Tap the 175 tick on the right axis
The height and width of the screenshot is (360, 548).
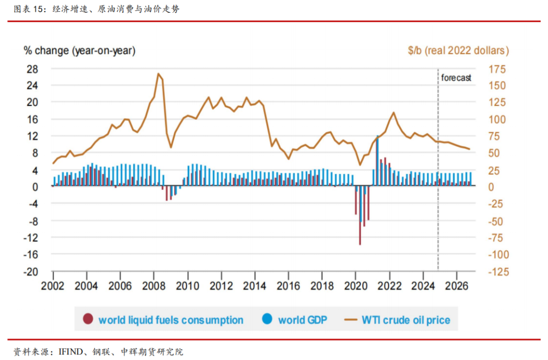497,68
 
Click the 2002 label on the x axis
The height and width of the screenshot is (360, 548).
53,286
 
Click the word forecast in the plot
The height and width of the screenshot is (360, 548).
456,78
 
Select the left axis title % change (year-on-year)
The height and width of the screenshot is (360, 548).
80,51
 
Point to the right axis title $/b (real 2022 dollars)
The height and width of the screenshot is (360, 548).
458,51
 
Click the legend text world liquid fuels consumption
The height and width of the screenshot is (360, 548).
170,320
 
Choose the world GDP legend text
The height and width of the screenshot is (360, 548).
302,320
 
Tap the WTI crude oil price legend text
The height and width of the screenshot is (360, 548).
406,320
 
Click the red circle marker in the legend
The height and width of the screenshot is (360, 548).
88,319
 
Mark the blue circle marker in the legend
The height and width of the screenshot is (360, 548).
267,319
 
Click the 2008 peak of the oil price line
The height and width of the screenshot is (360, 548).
158,74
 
